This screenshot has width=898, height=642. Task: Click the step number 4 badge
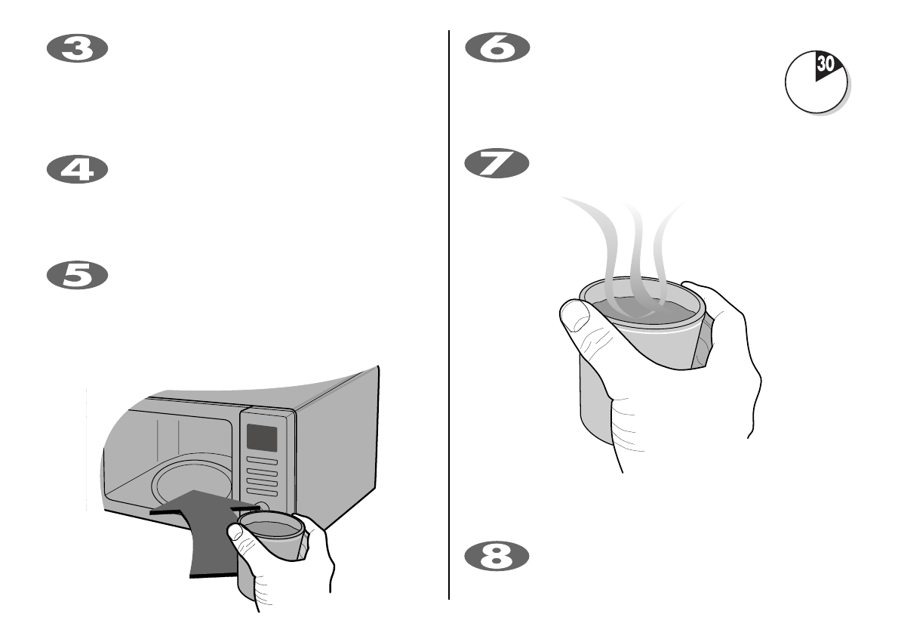(78, 169)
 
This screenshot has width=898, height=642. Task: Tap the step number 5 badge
(78, 275)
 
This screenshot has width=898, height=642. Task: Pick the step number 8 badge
(497, 557)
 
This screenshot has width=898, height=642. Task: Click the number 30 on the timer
(826, 65)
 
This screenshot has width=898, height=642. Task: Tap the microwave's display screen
(261, 437)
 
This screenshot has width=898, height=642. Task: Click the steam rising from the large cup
(634, 249)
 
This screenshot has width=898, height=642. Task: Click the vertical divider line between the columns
(450, 317)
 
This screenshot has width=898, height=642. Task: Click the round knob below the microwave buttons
(262, 508)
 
